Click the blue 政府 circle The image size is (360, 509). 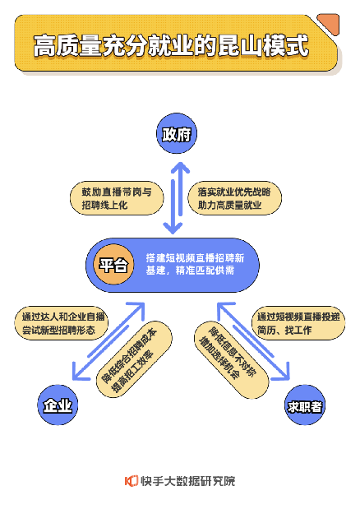[177, 133]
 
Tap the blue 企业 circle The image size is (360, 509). [58, 405]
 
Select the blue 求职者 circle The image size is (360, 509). [305, 405]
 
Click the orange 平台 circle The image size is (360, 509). [113, 265]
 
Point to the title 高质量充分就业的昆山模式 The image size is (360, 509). [171, 46]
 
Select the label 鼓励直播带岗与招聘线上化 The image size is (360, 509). [117, 198]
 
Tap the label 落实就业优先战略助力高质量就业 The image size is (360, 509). [234, 198]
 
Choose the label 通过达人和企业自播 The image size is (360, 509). [63, 317]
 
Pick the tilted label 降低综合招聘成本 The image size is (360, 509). [129, 355]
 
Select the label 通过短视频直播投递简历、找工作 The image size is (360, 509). [298, 323]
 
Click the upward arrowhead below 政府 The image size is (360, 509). [180, 167]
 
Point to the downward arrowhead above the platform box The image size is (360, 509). [173, 229]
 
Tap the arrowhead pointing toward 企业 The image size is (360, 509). [79, 372]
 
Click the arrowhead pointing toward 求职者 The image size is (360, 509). [282, 372]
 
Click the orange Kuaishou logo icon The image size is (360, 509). [132, 481]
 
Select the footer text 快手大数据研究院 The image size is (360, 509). [188, 481]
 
